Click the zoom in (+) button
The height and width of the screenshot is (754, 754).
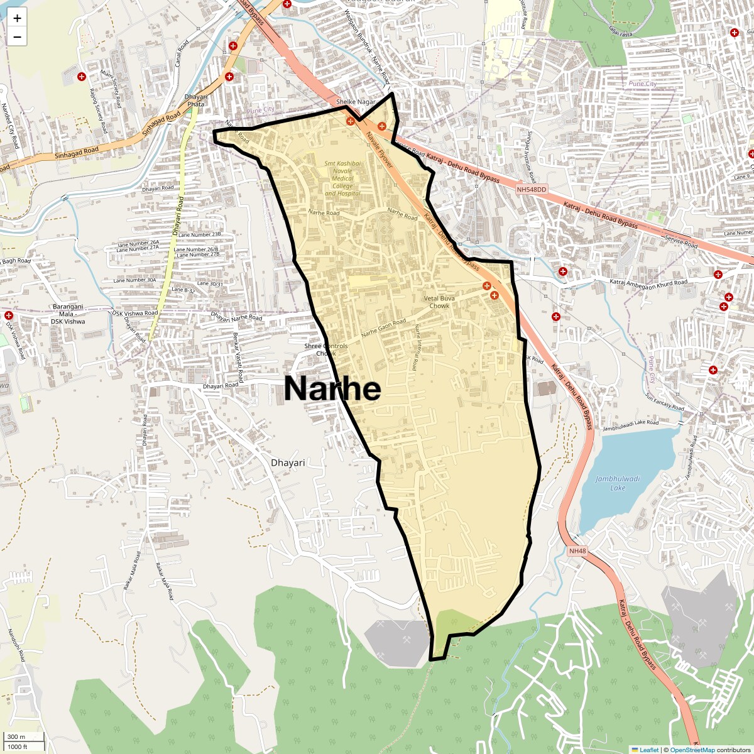pos(17,18)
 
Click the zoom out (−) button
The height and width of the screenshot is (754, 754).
pos(17,37)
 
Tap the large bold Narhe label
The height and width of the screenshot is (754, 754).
pos(332,388)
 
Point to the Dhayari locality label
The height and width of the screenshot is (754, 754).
pos(288,462)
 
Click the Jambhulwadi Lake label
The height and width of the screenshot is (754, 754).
pos(618,483)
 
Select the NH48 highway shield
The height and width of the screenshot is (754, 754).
pos(577,551)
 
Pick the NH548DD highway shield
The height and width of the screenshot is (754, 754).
pos(532,189)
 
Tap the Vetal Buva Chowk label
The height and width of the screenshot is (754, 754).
pos(439,302)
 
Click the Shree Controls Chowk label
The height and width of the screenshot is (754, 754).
pos(325,349)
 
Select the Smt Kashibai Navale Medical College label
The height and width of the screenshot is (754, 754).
pos(342,178)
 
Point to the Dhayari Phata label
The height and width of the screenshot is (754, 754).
pos(195,100)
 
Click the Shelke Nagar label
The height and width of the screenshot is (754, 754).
pos(356,102)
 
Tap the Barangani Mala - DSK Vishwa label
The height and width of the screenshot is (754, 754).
pos(68,314)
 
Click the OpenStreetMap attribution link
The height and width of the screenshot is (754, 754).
pos(692,750)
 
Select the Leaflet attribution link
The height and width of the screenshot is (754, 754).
pos(649,750)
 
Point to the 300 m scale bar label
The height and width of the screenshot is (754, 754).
pos(17,737)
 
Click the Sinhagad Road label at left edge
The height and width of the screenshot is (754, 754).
pos(77,152)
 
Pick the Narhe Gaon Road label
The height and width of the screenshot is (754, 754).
pos(383,327)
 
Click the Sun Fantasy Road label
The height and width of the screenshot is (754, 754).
pos(664,402)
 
